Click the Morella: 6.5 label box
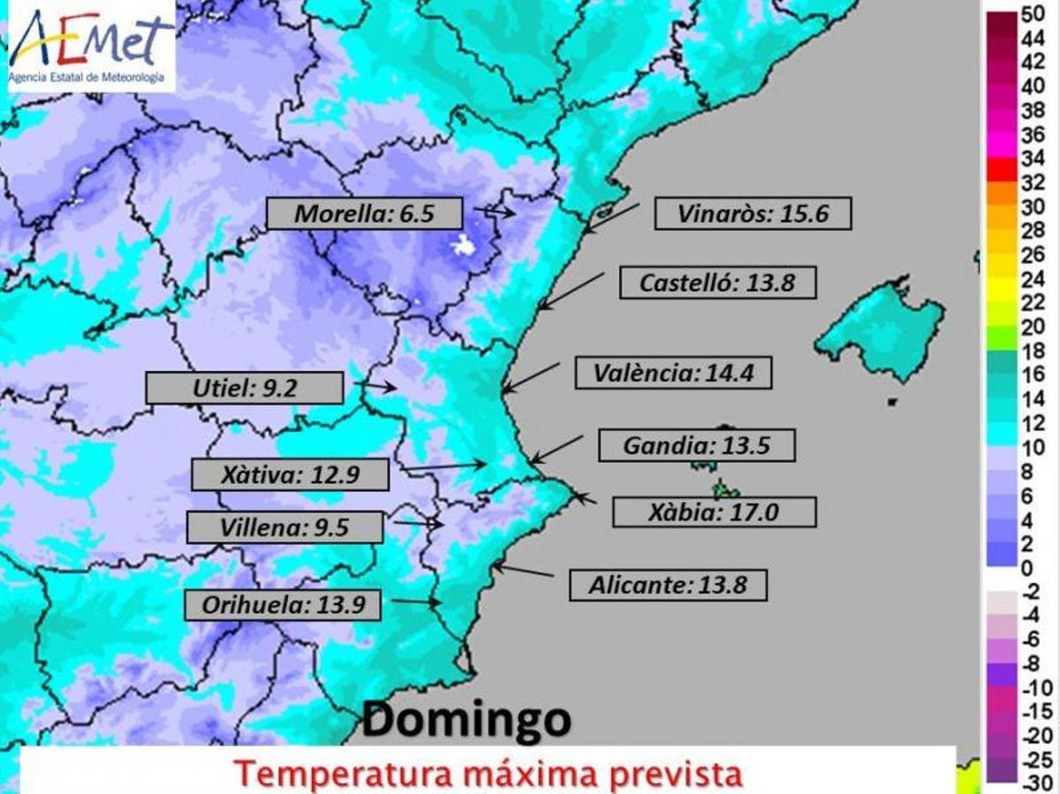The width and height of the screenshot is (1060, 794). tap(364, 214)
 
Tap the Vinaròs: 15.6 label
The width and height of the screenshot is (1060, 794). tap(753, 214)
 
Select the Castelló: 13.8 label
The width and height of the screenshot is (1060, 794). tap(717, 283)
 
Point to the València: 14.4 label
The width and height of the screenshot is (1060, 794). tap(673, 373)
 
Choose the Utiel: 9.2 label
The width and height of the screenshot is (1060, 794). tap(244, 388)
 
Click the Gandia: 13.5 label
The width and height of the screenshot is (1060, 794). tap(697, 445)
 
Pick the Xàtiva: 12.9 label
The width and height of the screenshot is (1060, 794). tap(290, 475)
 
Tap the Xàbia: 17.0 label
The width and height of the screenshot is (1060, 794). tap(713, 511)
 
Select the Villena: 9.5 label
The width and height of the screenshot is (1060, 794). tap(284, 528)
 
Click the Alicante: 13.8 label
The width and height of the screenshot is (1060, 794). tap(668, 585)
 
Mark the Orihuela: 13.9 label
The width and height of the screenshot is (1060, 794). tap(283, 605)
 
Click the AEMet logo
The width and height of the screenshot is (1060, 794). tap(91, 46)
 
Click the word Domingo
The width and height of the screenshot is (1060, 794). tap(466, 721)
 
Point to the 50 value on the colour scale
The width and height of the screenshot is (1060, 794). tap(1032, 14)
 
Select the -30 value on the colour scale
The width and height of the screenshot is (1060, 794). tap(1032, 783)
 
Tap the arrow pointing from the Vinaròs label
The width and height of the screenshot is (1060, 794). tap(609, 218)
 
